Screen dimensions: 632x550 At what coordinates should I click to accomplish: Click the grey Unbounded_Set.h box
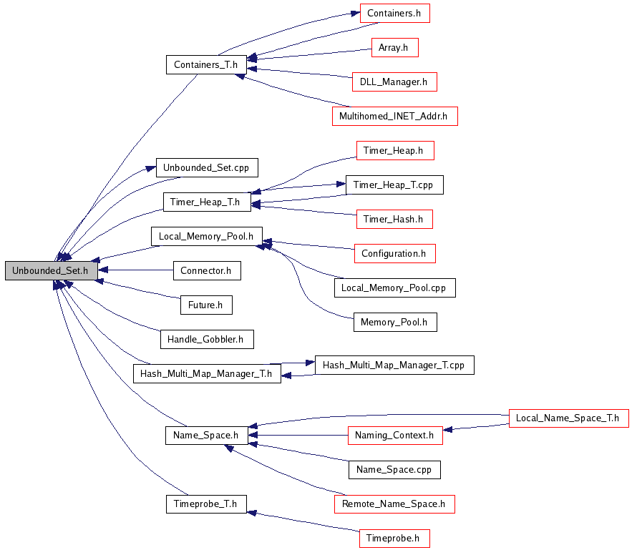point(52,270)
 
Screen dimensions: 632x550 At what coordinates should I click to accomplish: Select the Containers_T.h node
point(206,64)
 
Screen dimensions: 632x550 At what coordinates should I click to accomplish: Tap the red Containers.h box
point(394,14)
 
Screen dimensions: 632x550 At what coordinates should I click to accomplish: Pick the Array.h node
point(394,47)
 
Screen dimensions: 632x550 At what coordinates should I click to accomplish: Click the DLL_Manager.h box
point(394,82)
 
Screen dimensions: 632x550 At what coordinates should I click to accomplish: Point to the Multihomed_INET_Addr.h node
point(394,116)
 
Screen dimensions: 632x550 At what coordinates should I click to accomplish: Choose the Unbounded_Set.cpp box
point(207,167)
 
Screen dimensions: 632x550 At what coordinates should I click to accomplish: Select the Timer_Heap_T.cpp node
point(394,185)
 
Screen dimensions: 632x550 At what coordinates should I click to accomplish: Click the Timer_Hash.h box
point(394,219)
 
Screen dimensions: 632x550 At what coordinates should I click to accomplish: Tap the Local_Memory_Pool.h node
point(207,236)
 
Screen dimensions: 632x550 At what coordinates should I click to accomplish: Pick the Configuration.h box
point(394,253)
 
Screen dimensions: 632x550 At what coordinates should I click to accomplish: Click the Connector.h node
point(207,270)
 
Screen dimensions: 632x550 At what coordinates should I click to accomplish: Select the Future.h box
point(206,305)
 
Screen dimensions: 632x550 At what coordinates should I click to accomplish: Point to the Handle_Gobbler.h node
point(207,339)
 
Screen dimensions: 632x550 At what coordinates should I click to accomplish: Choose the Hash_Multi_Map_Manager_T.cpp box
point(394,365)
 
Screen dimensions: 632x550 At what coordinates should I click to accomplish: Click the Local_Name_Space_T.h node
point(569,418)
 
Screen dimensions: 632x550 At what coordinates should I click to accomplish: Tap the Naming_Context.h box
point(395,436)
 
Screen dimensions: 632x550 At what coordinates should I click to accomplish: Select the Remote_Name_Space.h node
point(394,504)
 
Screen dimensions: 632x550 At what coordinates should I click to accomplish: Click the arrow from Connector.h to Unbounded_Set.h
point(135,270)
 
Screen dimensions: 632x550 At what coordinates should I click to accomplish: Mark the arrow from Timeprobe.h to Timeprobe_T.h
point(303,521)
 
